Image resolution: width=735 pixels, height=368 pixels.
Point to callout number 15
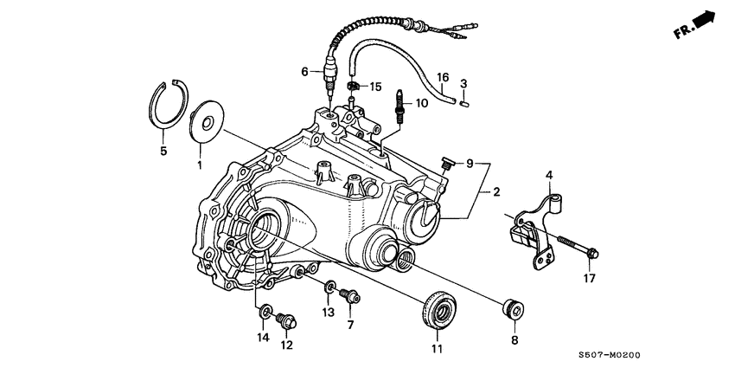tap(376, 87)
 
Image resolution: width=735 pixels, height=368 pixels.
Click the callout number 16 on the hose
tap(442, 77)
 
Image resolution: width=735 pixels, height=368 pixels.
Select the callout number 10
tap(422, 103)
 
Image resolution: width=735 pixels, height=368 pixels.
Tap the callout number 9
tap(470, 163)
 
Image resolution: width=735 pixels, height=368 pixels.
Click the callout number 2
tap(497, 191)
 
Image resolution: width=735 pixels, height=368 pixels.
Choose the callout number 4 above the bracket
tap(547, 176)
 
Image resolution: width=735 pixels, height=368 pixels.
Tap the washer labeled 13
tap(330, 287)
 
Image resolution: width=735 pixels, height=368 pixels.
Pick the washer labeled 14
tap(264, 311)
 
